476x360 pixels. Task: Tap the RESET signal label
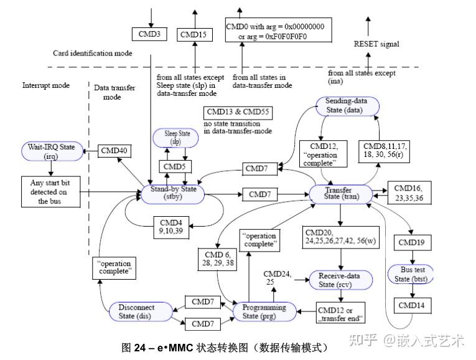[x=376, y=44]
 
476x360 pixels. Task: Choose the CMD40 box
[x=114, y=151]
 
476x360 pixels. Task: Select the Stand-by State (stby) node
[x=173, y=193]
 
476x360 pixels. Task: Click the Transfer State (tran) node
[x=340, y=193]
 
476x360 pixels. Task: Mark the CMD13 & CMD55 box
[x=240, y=112]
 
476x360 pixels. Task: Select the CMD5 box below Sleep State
[x=175, y=167]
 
